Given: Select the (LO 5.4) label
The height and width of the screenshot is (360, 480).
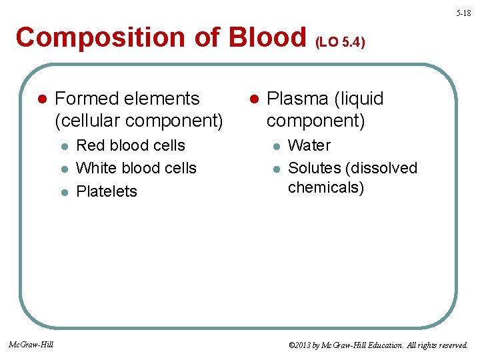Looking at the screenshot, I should [x=340, y=43].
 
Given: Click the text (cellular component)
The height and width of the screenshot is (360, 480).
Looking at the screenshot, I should [x=139, y=121].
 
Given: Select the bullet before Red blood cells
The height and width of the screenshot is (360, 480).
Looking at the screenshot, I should [x=64, y=146].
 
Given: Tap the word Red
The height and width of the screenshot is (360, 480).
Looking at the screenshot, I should [x=91, y=145].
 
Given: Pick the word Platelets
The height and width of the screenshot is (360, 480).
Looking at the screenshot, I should [x=107, y=191].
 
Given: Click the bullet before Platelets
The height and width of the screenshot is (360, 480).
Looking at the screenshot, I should [x=64, y=192].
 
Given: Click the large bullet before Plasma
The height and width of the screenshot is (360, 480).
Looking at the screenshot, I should [x=253, y=99].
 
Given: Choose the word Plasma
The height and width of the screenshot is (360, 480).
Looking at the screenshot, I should [x=296, y=99].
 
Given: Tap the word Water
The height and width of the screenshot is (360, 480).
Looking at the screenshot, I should [x=309, y=145].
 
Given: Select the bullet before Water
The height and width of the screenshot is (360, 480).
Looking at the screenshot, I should [x=275, y=146].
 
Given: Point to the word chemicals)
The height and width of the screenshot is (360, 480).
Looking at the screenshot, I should [x=326, y=188].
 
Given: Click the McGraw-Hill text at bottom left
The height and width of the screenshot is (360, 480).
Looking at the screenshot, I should [x=31, y=344].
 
